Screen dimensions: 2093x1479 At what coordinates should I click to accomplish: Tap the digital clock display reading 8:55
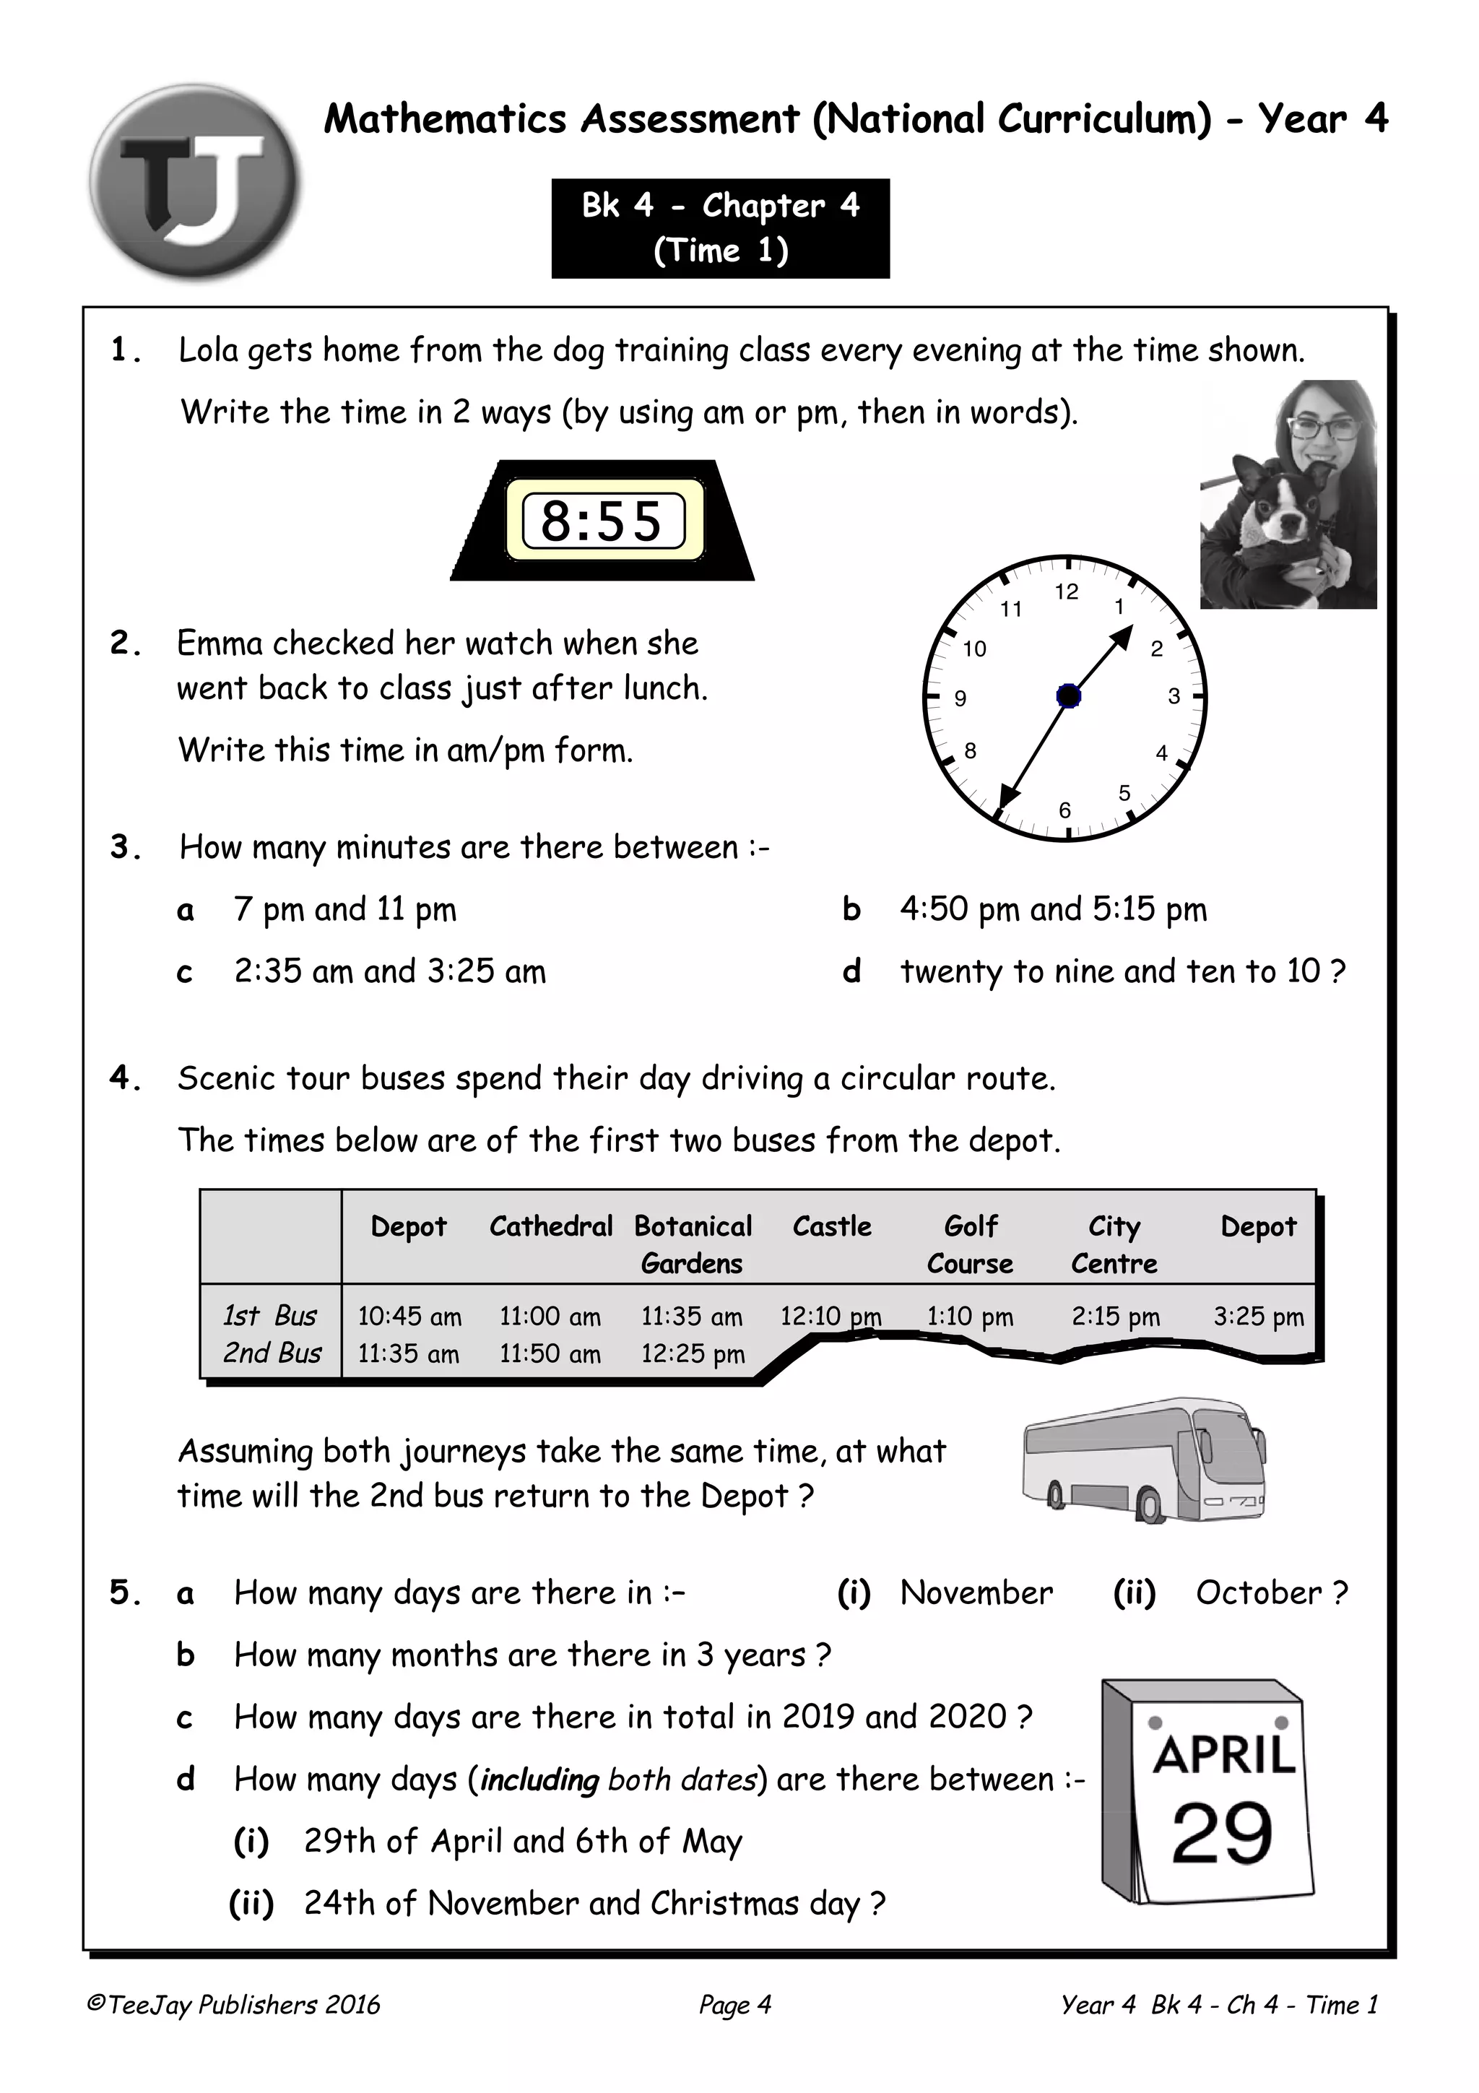(602, 521)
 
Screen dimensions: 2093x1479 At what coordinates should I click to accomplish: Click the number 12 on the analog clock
(1066, 591)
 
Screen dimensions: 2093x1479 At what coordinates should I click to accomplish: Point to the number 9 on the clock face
(960, 698)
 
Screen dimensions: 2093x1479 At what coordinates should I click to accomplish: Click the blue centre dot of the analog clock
(1068, 696)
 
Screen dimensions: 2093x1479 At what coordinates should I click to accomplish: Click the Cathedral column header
(550, 1226)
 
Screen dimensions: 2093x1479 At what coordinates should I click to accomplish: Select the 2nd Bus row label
(272, 1353)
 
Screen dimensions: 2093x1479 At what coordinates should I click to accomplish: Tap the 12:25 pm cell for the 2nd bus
(693, 1353)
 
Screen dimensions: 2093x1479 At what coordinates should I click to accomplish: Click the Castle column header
(831, 1226)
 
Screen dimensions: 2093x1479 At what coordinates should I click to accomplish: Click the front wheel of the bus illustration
(1150, 1503)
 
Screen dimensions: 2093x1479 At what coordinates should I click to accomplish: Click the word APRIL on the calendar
(1223, 1754)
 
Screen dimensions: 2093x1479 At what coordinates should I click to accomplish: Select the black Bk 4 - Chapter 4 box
(720, 228)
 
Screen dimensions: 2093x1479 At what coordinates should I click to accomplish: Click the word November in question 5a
(976, 1592)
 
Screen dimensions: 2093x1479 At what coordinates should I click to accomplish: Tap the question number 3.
(122, 847)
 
